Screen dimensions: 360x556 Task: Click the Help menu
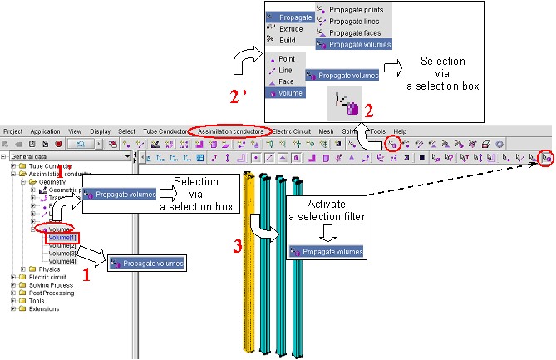pos(400,131)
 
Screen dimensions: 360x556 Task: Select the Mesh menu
pos(326,131)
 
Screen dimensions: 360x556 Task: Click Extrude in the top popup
pos(290,27)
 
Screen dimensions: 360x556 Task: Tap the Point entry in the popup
pos(286,59)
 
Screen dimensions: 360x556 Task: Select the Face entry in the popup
pos(285,82)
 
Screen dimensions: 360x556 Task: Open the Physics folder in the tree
pos(49,269)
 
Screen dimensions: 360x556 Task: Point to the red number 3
pos(239,246)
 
